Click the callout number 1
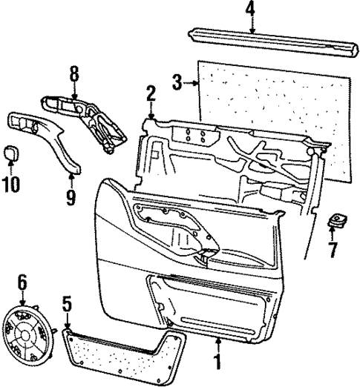pos(217,364)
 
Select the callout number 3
pos(177,84)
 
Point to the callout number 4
pos(250,10)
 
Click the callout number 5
pos(68,304)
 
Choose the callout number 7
pos(333,249)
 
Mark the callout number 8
pos(73,74)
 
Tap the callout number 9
pos(71,197)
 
